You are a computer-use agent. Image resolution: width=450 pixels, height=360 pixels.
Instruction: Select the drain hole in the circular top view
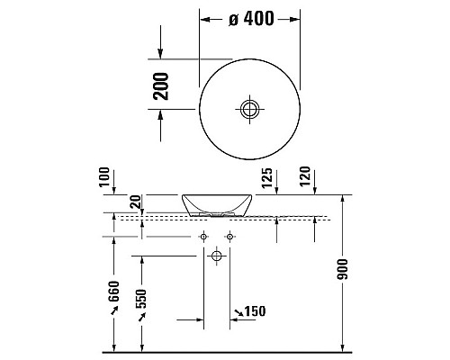point(249,110)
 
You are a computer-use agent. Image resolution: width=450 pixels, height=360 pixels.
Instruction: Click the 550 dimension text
point(140,300)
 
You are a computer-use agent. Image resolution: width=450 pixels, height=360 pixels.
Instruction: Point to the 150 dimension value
point(256,312)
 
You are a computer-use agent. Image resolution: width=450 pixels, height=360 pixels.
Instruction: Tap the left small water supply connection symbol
point(203,237)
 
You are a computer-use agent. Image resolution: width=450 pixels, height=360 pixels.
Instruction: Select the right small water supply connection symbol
point(229,237)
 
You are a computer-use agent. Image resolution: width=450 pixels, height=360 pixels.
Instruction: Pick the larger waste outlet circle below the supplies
point(216,256)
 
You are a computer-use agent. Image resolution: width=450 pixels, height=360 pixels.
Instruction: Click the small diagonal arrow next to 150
point(238,312)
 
